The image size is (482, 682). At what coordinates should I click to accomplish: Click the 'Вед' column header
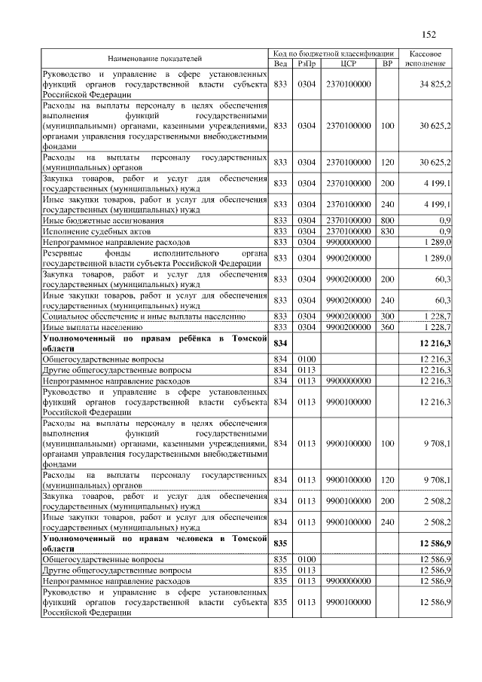[280, 63]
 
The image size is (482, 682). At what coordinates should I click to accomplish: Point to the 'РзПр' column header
[306, 63]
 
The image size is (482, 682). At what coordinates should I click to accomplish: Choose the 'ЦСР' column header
[348, 63]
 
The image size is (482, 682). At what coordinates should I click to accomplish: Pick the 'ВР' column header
[388, 63]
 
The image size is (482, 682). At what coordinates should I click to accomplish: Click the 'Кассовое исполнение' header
[429, 58]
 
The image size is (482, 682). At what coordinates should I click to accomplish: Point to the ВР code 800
[388, 220]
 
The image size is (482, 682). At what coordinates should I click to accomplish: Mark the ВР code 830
[388, 231]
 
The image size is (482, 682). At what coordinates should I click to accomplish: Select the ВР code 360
[388, 328]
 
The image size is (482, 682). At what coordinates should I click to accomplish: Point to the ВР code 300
[388, 317]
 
